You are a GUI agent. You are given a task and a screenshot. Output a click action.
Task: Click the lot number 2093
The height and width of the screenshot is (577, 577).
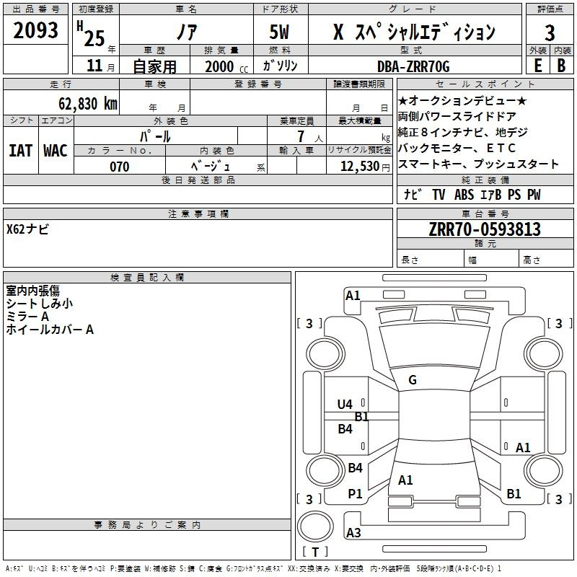coord(35,30)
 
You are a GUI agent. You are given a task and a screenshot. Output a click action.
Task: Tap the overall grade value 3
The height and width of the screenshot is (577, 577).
coord(550,32)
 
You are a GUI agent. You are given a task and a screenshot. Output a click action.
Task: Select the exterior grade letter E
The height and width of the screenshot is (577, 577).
coord(537,66)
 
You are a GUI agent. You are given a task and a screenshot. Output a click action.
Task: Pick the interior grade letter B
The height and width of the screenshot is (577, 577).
coord(561,66)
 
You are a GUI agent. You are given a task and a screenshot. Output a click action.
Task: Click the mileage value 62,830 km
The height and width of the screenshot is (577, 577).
coord(88,104)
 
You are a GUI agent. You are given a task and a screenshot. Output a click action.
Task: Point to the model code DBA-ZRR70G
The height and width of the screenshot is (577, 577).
coord(413,66)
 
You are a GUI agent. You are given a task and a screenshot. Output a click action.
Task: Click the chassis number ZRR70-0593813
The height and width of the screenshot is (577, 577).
coord(485,229)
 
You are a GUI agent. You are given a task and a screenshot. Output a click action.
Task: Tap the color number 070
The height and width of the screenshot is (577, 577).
coord(120,167)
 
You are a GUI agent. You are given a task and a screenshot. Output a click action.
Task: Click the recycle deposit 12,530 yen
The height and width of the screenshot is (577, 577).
coord(365,167)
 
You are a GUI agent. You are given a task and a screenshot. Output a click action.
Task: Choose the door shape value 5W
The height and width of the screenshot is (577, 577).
coord(279,32)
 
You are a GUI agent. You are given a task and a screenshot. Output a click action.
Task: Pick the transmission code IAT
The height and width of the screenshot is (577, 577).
coord(21,151)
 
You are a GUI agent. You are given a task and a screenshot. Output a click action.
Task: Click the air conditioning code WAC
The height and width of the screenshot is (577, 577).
coord(56,151)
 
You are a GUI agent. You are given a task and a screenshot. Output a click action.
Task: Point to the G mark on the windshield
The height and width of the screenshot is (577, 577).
coord(413,380)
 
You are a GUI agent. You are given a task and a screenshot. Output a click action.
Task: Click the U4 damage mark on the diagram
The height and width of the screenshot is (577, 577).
coord(345,405)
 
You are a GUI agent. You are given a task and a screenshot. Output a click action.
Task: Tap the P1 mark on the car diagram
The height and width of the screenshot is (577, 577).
coord(355,494)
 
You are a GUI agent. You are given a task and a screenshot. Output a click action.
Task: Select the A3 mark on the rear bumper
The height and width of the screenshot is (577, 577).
coord(353,532)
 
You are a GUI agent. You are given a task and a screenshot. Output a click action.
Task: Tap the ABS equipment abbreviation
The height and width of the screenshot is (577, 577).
coord(464,195)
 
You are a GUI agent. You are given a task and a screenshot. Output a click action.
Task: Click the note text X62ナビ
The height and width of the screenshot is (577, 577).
coord(27,229)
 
